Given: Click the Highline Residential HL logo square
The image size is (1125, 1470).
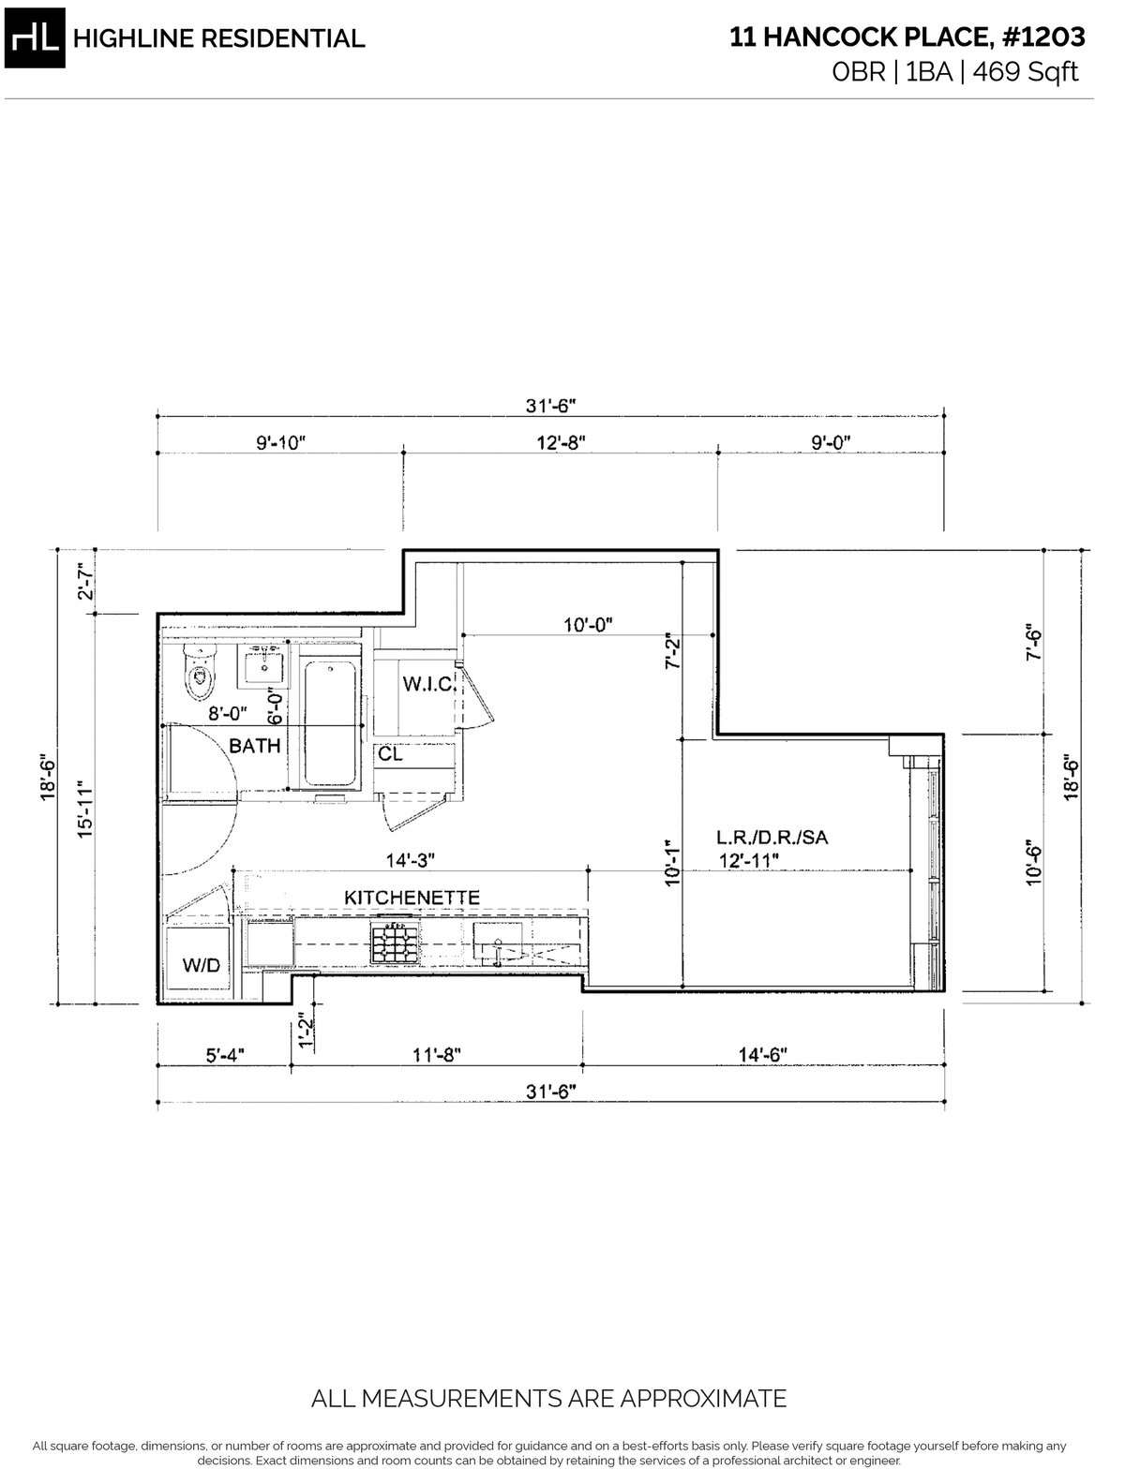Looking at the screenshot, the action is (x=35, y=38).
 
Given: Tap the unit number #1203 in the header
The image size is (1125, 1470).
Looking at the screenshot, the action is (x=1043, y=37).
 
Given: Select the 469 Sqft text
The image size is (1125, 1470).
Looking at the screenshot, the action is (x=1026, y=71).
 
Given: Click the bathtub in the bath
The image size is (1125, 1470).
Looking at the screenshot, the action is (x=330, y=723).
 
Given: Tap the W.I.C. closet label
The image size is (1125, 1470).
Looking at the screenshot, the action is (x=429, y=684).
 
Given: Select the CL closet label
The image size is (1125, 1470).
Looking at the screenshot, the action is (x=390, y=754).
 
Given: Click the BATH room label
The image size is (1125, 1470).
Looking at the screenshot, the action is (x=255, y=746).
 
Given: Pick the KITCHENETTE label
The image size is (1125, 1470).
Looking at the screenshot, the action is (x=412, y=898).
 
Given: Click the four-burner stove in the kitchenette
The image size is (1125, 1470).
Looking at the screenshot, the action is (x=396, y=942).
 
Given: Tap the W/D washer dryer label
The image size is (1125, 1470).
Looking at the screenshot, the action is (x=201, y=965).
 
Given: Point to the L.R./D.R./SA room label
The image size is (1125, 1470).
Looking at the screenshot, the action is (x=772, y=838).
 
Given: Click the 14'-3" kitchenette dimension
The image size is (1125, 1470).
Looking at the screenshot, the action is (x=410, y=860).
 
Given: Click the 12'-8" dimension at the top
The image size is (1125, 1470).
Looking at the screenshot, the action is (x=561, y=442).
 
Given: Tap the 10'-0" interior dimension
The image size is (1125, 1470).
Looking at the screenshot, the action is (x=588, y=625).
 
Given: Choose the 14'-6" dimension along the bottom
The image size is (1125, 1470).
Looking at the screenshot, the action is (x=762, y=1055).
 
